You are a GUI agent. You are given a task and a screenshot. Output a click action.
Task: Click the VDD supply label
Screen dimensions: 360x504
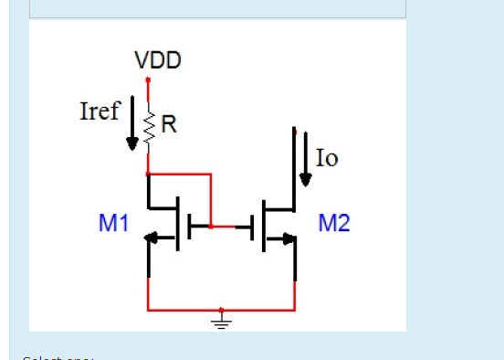[x=158, y=61]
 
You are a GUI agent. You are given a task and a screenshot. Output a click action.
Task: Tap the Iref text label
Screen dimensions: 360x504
[x=100, y=111]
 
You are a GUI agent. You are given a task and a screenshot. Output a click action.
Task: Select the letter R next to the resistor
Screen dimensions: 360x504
[x=168, y=126]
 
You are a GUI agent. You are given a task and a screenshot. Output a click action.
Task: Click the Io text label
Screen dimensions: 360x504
[x=326, y=158]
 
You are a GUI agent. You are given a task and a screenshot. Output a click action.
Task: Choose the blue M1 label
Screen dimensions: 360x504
[x=112, y=223]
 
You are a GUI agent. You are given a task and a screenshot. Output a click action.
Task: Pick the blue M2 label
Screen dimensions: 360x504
[x=333, y=223]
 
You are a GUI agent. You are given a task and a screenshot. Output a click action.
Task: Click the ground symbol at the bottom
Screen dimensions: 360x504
[x=221, y=321]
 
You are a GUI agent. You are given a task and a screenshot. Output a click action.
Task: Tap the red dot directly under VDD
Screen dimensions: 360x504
[x=148, y=81]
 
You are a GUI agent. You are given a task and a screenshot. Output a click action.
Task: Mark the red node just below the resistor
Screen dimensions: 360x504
[x=148, y=171]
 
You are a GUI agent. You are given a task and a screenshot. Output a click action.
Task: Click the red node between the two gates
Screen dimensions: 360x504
[x=211, y=225]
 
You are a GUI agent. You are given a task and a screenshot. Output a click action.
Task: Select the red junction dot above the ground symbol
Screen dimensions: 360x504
[x=221, y=310]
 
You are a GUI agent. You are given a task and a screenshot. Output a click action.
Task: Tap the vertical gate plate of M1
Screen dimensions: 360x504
[x=189, y=225]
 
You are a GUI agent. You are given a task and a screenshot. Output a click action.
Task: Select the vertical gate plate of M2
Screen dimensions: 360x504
[x=251, y=225]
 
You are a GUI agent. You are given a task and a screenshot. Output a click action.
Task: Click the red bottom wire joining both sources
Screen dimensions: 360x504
[x=183, y=310]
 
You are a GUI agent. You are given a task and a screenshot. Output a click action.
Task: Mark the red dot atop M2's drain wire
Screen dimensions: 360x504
[x=294, y=130]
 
